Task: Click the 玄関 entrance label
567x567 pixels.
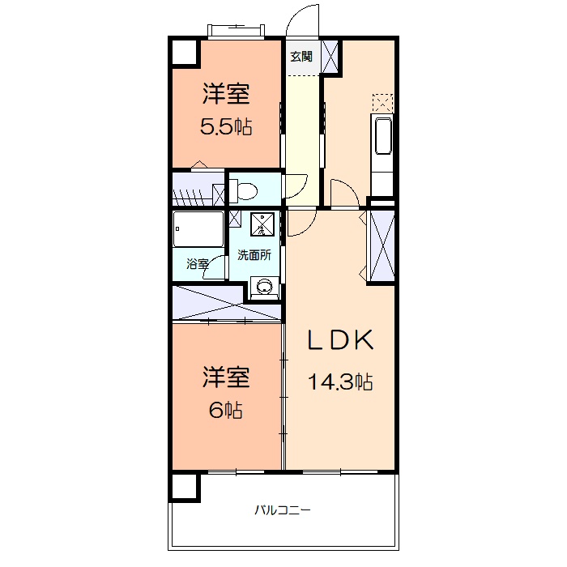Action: click(301, 57)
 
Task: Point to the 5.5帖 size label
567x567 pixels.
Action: click(226, 127)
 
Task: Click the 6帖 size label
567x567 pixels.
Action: click(226, 410)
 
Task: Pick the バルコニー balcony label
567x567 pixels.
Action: click(283, 510)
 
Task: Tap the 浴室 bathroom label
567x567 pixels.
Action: click(197, 264)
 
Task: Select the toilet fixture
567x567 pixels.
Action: click(243, 191)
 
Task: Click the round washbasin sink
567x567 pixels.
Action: click(263, 285)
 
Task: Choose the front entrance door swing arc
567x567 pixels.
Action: click(303, 23)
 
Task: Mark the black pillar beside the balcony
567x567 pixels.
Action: click(185, 487)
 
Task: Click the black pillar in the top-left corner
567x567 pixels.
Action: click(185, 52)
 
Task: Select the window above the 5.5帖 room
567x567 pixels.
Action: click(236, 32)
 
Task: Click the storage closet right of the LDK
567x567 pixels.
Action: click(382, 244)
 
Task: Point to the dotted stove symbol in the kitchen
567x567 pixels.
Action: click(382, 103)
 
